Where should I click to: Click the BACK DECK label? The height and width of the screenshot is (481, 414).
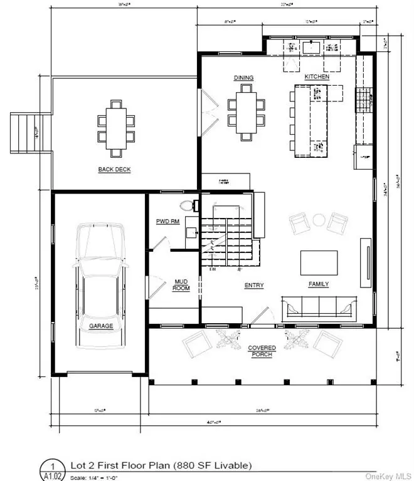114,169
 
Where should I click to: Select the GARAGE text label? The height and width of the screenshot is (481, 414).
100,326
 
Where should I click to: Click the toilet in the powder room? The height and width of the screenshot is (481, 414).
186,206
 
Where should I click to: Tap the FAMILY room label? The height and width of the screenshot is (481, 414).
319,284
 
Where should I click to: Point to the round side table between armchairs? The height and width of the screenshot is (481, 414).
319,220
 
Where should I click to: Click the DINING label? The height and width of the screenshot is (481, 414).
243,78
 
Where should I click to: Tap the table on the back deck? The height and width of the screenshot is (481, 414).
114,128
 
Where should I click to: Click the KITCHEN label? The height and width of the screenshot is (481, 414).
317,76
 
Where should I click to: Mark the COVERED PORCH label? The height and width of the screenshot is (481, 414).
262,351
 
